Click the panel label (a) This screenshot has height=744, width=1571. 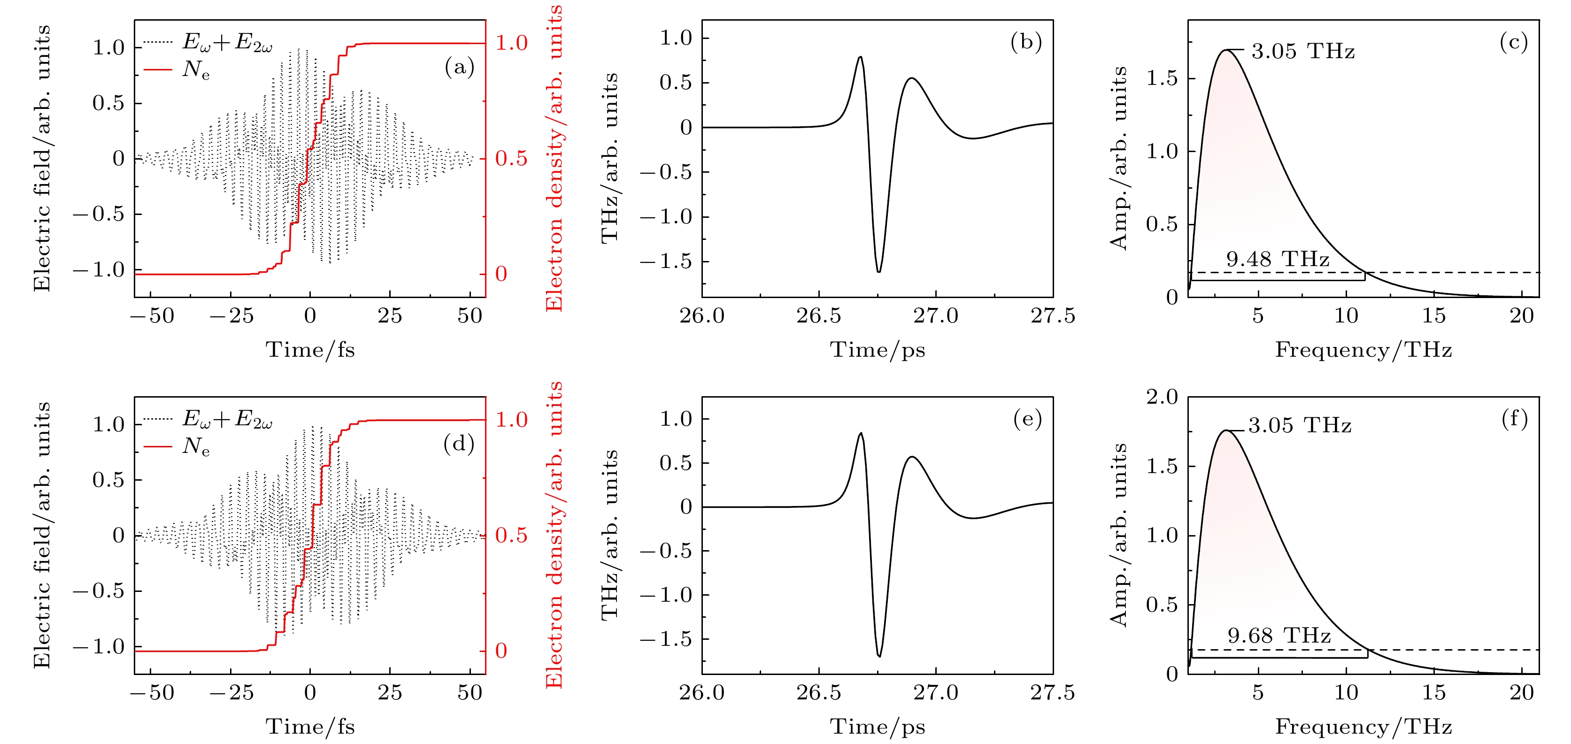(x=459, y=67)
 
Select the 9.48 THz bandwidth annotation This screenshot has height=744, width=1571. (x=1278, y=259)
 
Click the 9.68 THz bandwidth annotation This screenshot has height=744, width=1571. (x=1279, y=636)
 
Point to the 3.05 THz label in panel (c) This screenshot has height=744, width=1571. (x=1302, y=51)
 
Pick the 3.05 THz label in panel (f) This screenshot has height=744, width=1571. (x=1300, y=426)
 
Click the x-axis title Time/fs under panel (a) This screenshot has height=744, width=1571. (x=310, y=350)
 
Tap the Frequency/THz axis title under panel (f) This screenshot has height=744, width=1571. (x=1363, y=727)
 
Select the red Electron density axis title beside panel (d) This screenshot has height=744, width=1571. (x=554, y=535)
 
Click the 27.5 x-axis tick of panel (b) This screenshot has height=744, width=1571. (x=1053, y=316)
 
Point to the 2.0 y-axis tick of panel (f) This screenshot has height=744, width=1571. (x=1162, y=397)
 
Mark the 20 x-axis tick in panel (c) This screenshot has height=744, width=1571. (x=1521, y=316)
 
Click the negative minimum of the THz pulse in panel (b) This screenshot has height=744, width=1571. (x=879, y=271)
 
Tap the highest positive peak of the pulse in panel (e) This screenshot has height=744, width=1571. (x=861, y=434)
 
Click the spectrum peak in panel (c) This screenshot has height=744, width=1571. (x=1226, y=50)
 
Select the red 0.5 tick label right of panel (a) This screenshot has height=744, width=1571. (x=511, y=159)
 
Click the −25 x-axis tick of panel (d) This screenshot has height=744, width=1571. (x=231, y=693)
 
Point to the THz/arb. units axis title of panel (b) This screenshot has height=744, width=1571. (x=610, y=159)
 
